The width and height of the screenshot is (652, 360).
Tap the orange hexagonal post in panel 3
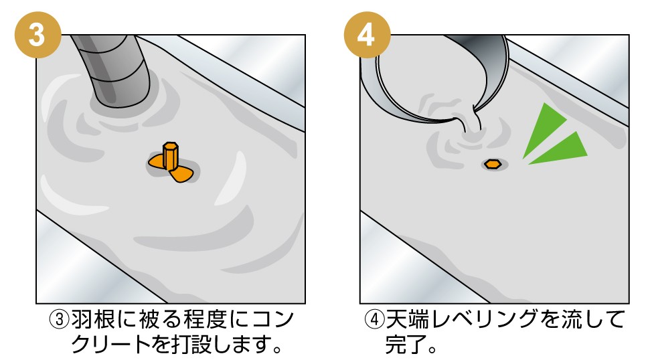(171, 156)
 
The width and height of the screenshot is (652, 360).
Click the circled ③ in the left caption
(59, 320)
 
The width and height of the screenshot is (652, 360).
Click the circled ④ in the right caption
(374, 320)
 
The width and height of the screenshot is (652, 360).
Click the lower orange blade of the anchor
(181, 175)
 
